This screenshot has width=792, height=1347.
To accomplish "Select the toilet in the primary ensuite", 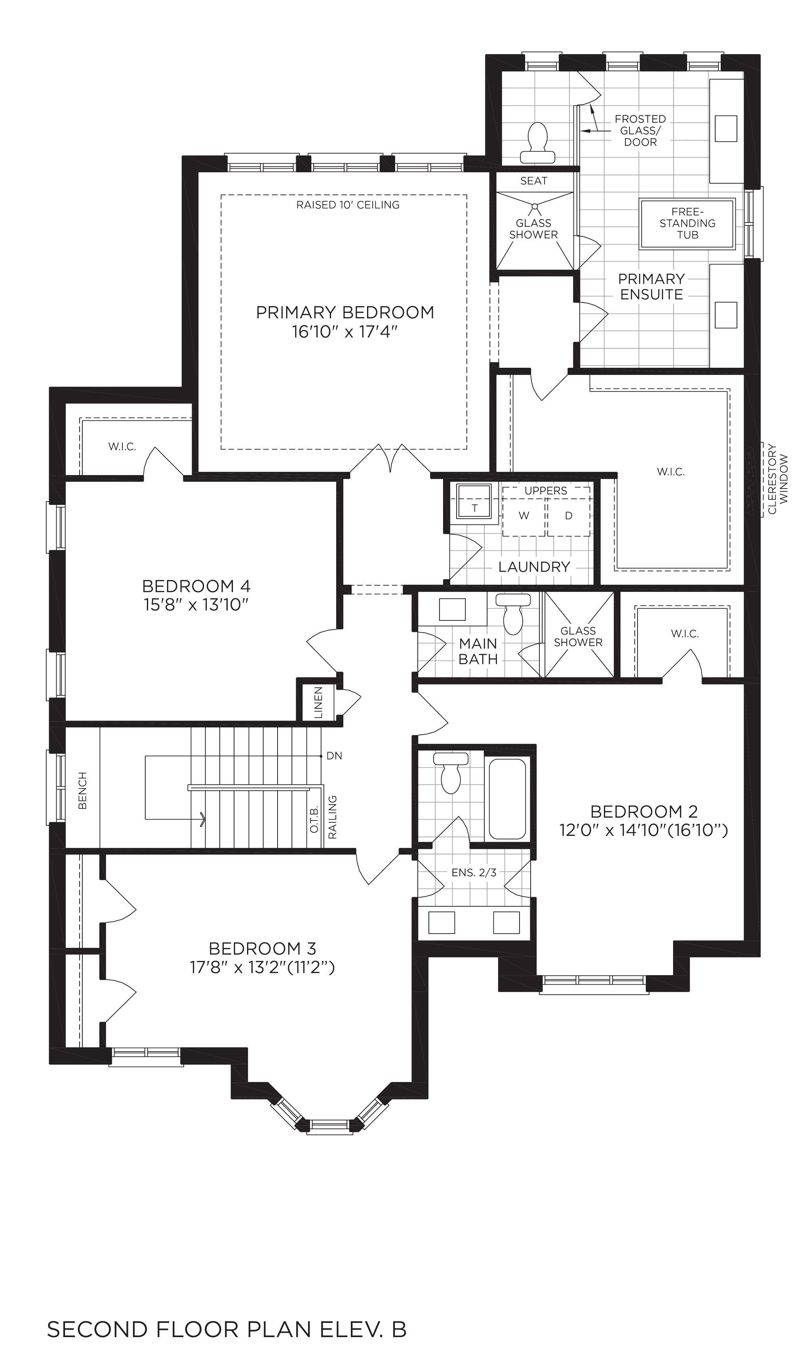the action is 537,143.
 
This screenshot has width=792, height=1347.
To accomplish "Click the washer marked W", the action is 524,516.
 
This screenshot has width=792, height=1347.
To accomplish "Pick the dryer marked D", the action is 569,516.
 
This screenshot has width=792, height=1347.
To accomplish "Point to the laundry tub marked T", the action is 474,501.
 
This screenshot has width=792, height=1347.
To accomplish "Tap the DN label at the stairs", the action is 334,756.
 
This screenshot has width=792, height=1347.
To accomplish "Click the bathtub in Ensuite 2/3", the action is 507,799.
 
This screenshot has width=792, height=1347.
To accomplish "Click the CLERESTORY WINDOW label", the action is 778,486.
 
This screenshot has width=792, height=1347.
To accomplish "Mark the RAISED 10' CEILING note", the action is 348,205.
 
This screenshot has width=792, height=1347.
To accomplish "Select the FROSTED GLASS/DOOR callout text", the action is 640,130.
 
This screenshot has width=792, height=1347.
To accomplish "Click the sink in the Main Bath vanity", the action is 452,609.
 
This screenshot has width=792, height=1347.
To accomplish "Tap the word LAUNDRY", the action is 534,567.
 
